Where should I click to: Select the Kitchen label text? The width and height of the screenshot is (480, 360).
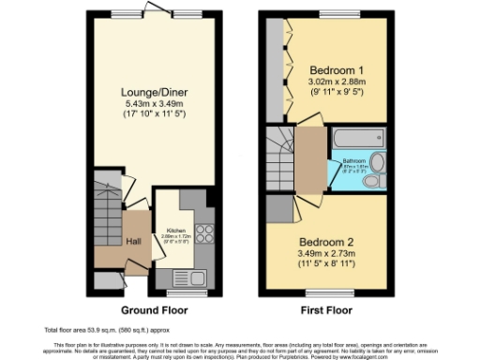click(176, 229)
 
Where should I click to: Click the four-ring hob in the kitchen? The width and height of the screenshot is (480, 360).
click(204, 232)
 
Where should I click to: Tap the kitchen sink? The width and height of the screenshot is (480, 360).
click(195, 277)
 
